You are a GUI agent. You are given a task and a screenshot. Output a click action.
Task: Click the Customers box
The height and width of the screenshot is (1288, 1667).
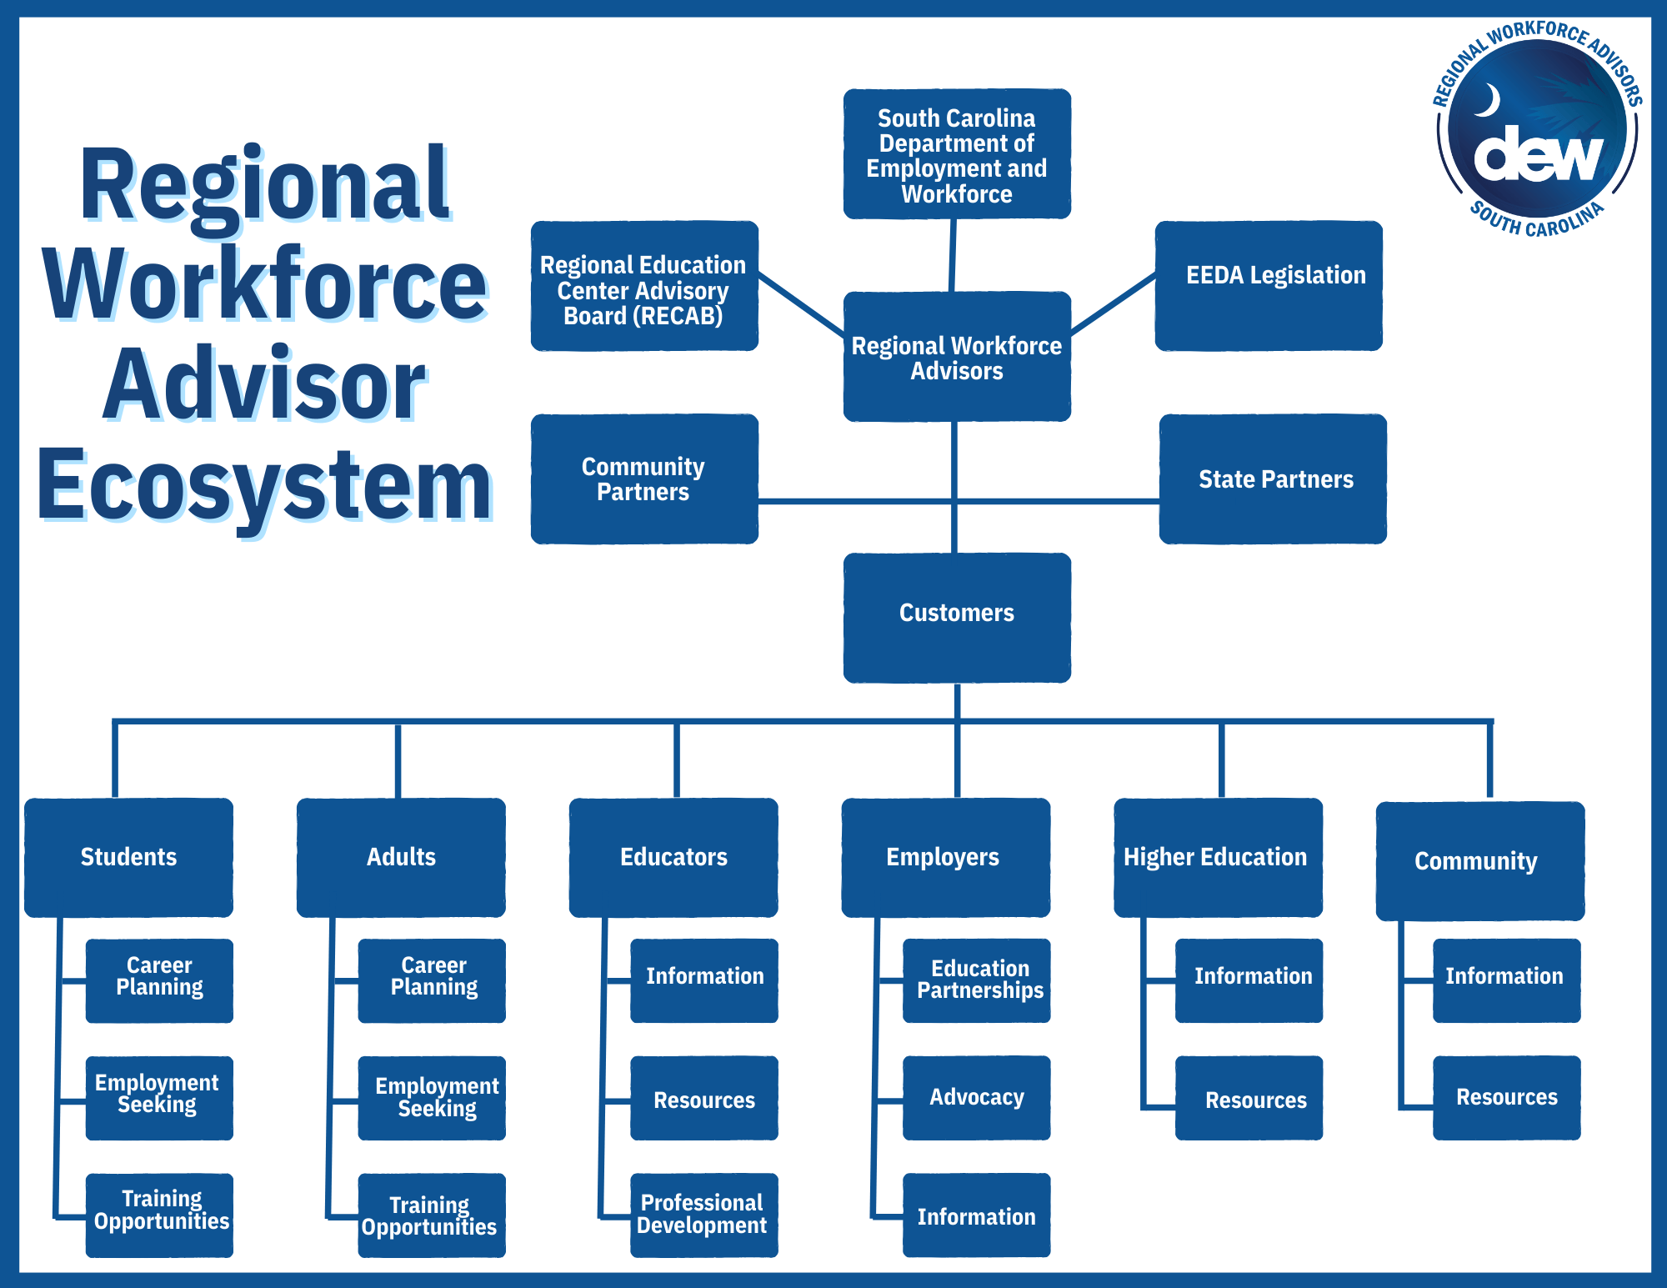click(957, 617)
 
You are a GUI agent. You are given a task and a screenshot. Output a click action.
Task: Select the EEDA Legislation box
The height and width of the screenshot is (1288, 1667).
click(1269, 285)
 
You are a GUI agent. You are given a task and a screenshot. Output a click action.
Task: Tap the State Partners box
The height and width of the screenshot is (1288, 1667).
click(1273, 479)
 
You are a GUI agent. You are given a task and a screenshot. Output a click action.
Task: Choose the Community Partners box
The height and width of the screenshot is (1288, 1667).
click(644, 479)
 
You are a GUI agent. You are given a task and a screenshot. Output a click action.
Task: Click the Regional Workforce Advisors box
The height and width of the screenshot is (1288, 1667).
click(957, 357)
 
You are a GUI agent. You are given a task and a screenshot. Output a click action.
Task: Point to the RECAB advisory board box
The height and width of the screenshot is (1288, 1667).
click(644, 285)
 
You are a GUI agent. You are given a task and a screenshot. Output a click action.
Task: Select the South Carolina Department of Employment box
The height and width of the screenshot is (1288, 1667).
click(957, 154)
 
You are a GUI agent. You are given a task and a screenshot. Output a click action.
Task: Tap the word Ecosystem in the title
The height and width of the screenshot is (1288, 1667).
click(264, 486)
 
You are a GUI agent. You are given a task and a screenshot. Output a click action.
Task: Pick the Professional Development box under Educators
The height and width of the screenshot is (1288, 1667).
click(703, 1215)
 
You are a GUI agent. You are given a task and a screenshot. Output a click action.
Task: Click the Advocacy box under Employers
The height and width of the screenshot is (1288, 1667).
click(976, 1097)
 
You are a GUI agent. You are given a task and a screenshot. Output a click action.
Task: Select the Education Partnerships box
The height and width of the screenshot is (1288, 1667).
click(976, 980)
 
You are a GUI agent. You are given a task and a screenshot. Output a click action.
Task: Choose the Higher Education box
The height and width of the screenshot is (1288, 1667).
click(1218, 857)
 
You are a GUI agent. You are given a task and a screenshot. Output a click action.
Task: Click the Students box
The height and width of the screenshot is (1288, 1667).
click(128, 857)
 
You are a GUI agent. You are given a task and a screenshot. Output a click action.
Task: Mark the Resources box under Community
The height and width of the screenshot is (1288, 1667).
click(1506, 1097)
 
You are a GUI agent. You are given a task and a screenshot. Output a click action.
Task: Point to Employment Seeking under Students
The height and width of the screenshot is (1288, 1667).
click(158, 1097)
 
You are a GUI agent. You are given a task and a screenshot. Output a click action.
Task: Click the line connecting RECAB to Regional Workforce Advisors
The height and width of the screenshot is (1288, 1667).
click(801, 304)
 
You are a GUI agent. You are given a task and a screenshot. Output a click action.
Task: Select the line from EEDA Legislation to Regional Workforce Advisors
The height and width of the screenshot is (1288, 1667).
click(1114, 304)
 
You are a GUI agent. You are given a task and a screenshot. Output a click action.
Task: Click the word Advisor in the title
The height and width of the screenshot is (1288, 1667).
click(264, 385)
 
